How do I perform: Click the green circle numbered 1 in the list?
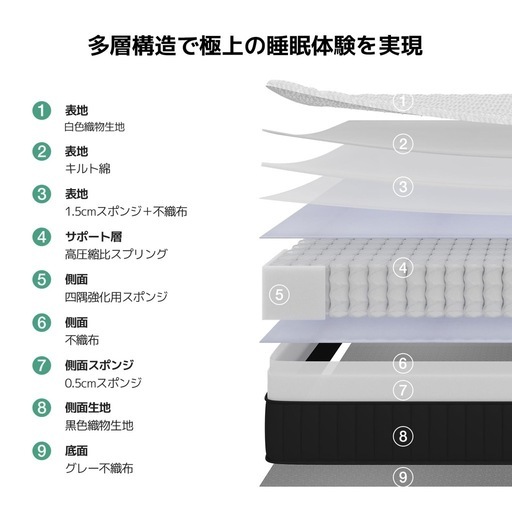(x=42, y=110)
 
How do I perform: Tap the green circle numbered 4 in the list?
(x=42, y=237)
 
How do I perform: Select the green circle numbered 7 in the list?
(x=42, y=365)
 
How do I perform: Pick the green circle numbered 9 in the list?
(x=42, y=451)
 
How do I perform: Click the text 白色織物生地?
(x=95, y=127)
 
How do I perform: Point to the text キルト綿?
(x=87, y=169)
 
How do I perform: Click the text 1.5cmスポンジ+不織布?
(x=126, y=211)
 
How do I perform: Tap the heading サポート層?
(x=94, y=237)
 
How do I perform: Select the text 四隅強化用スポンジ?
(x=116, y=297)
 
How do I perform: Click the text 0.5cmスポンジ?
(x=103, y=383)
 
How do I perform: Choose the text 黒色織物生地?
(x=99, y=426)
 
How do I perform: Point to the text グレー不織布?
(x=99, y=468)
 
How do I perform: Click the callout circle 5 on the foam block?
(x=279, y=295)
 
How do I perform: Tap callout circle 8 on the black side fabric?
(x=403, y=436)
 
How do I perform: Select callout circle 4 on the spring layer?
(x=403, y=268)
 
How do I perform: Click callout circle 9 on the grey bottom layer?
(x=403, y=477)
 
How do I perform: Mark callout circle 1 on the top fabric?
(x=403, y=101)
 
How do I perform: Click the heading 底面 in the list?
(x=76, y=451)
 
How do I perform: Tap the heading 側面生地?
(x=88, y=407)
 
